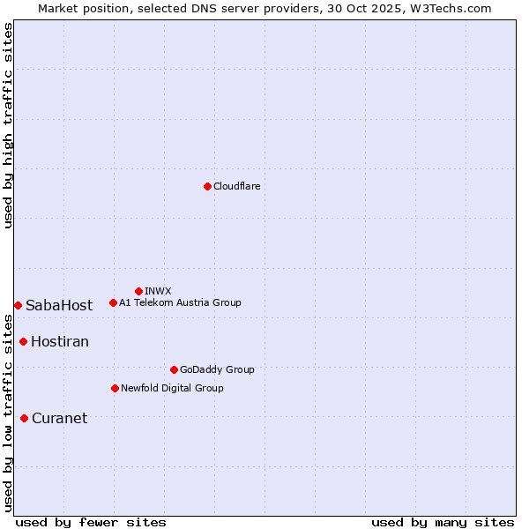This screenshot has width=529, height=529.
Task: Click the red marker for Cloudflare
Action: [207, 186]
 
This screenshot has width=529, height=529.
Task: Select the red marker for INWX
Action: [138, 291]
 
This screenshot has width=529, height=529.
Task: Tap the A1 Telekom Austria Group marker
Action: [113, 302]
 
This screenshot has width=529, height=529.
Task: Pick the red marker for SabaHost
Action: [18, 305]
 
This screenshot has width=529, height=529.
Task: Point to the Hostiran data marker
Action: [23, 341]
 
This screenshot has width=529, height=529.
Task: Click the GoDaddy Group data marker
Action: [174, 369]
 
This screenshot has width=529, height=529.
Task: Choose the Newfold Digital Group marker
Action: [115, 388]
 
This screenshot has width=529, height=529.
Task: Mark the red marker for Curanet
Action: [24, 418]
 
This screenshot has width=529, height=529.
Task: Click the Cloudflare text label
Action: [237, 186]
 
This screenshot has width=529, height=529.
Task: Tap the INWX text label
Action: [158, 291]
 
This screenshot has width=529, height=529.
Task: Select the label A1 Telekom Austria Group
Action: [180, 302]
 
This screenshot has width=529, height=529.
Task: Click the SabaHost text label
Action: [59, 306]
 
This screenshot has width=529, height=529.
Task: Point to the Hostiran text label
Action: [60, 342]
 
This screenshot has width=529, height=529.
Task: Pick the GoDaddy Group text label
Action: [217, 369]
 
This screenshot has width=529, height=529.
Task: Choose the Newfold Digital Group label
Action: [172, 388]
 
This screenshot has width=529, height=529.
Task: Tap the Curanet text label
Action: [59, 419]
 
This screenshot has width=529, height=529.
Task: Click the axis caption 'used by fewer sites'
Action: [91, 522]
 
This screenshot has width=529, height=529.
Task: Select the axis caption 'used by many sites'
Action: [443, 522]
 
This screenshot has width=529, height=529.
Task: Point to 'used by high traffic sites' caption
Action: [8, 125]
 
